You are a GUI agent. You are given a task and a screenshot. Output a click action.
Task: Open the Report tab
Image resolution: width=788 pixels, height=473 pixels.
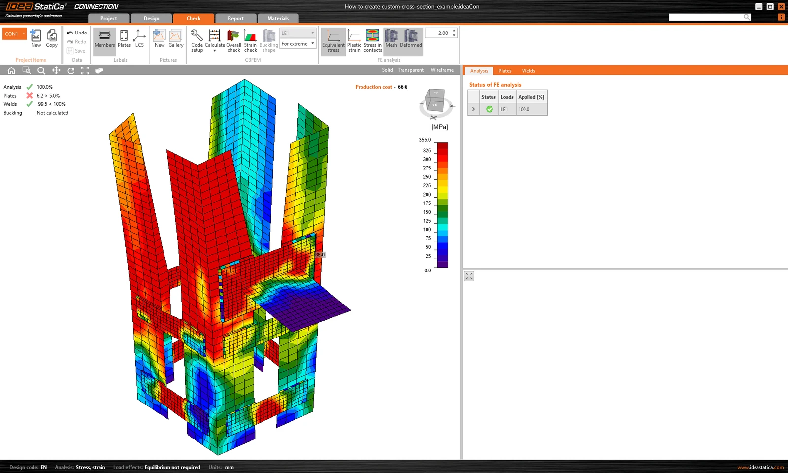[235, 18]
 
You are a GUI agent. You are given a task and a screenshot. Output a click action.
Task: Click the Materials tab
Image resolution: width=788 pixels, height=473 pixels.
[278, 18]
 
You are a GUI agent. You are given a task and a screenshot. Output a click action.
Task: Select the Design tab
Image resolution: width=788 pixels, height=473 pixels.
[151, 18]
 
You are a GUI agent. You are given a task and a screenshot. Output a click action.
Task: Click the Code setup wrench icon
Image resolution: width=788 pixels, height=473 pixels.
[197, 35]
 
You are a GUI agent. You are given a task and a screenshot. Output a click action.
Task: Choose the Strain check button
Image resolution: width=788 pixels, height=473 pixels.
[250, 41]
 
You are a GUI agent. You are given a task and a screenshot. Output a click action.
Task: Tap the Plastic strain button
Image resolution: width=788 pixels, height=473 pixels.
[354, 41]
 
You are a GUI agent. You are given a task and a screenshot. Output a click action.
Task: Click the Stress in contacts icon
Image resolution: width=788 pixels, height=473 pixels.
[372, 35]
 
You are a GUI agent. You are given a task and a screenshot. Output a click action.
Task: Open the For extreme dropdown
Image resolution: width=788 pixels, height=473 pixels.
[297, 44]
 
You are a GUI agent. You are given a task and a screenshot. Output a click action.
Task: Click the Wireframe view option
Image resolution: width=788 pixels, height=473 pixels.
[442, 70]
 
